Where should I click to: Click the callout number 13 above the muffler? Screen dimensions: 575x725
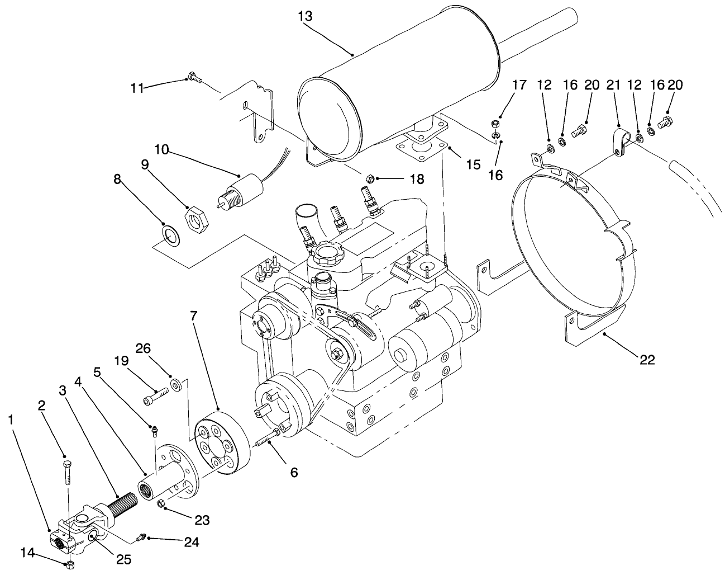[x=305, y=16]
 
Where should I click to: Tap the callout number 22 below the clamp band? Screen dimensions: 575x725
[x=647, y=360]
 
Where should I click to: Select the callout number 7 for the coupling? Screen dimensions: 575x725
[x=194, y=315]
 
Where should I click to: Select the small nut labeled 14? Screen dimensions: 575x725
[x=70, y=564]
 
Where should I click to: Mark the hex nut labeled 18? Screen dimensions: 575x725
[x=369, y=178]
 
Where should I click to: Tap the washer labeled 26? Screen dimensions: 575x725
[x=178, y=385]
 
